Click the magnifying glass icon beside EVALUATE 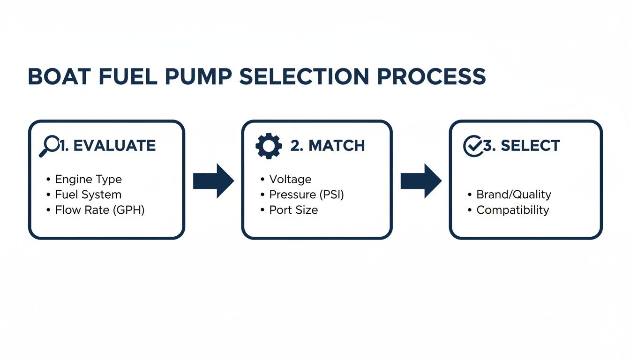[49, 145]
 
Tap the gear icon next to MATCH [269, 145]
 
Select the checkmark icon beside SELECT [472, 146]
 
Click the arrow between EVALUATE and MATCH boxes [213, 180]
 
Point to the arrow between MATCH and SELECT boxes [420, 180]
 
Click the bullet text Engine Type [88, 179]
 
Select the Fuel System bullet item [88, 195]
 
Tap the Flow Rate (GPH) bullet [99, 210]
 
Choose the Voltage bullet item [290, 179]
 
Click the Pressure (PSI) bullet [306, 195]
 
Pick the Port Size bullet [293, 210]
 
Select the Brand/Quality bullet [513, 195]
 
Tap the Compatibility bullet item [512, 210]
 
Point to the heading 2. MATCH [327, 145]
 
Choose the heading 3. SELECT [521, 146]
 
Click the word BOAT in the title [58, 77]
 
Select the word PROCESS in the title [431, 77]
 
